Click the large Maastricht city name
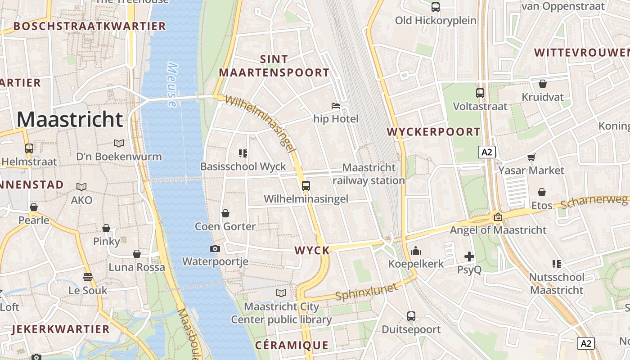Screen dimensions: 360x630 pyautogui.click(x=70, y=119)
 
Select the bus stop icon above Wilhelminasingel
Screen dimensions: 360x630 pyautogui.click(x=306, y=185)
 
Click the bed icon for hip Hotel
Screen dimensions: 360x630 pyautogui.click(x=336, y=106)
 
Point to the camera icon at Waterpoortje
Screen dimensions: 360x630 pyautogui.click(x=215, y=248)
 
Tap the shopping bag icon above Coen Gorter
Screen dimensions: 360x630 pyautogui.click(x=225, y=213)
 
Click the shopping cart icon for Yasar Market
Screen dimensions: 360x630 pyautogui.click(x=531, y=157)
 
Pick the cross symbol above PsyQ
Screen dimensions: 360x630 pyautogui.click(x=469, y=256)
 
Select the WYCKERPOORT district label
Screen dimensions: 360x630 pyautogui.click(x=434, y=132)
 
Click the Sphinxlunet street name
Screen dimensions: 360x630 pyautogui.click(x=367, y=292)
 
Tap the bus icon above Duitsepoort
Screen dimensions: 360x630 pyautogui.click(x=411, y=316)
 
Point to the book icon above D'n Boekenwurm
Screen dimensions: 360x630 pyautogui.click(x=119, y=143)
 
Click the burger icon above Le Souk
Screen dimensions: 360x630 pyautogui.click(x=88, y=277)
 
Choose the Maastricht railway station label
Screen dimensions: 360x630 pyautogui.click(x=369, y=174)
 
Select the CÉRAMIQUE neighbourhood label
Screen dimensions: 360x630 pyautogui.click(x=292, y=345)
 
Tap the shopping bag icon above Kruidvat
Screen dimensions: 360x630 pyautogui.click(x=543, y=84)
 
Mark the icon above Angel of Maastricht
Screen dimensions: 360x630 pyautogui.click(x=498, y=217)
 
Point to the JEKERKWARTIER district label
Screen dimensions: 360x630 pyautogui.click(x=61, y=329)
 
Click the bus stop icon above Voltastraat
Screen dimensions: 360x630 pyautogui.click(x=480, y=93)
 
